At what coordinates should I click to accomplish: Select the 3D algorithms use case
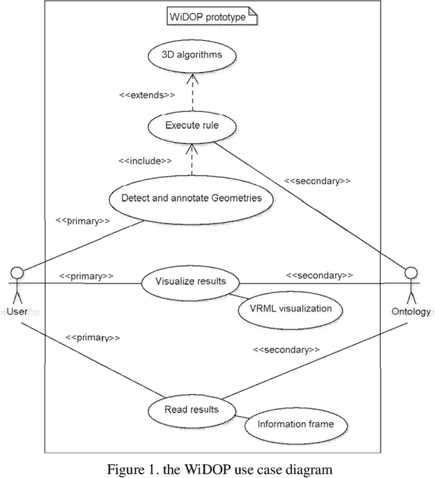coord(192,55)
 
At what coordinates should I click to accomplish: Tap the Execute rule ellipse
coord(192,125)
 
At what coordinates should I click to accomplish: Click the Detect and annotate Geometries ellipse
coord(191,199)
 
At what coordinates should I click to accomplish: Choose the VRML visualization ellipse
coord(290,309)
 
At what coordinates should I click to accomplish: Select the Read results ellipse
coord(192,409)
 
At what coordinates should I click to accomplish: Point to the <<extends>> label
coord(147,95)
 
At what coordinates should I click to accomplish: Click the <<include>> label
coord(145,160)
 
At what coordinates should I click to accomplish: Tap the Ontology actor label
coord(411,311)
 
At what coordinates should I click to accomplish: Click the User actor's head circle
coord(18,273)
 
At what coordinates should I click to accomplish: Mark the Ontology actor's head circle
coord(410,273)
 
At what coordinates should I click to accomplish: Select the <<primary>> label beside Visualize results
coord(86,276)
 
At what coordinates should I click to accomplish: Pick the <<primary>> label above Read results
coord(92,337)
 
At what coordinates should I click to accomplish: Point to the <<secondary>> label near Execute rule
coord(317,181)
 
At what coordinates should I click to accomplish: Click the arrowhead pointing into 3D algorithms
coord(192,76)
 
